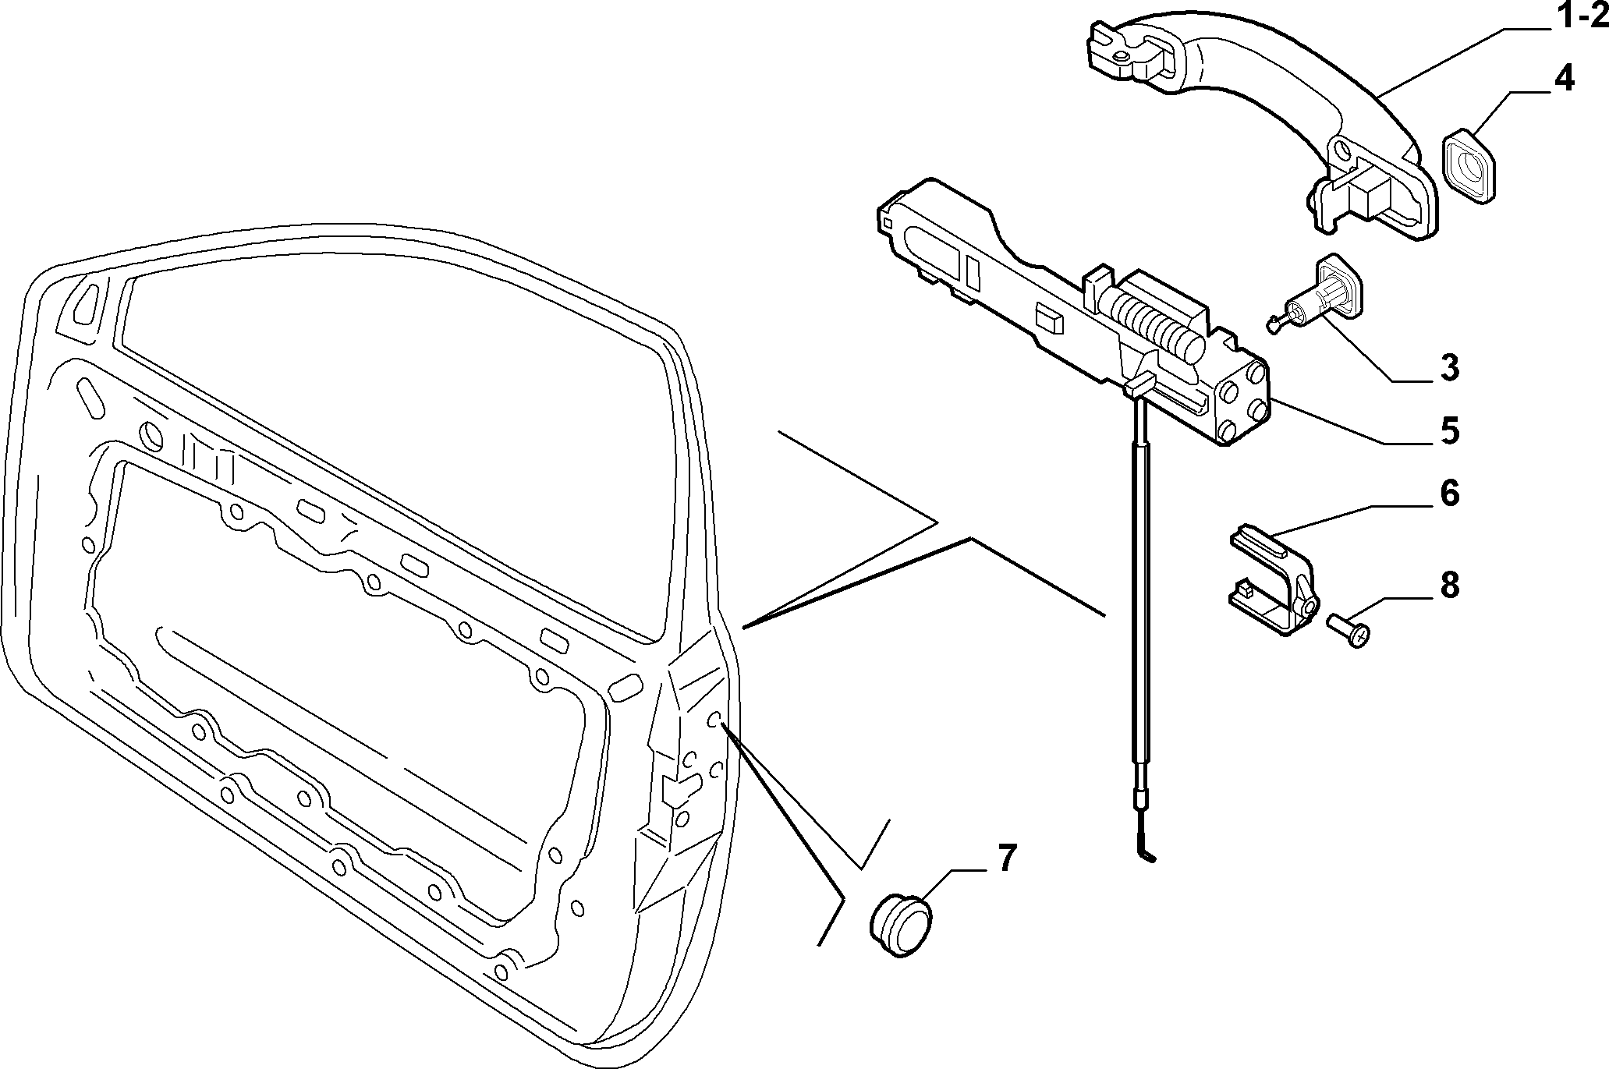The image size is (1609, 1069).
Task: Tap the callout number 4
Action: tap(1542, 80)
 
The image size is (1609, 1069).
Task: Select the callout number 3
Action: tap(1448, 367)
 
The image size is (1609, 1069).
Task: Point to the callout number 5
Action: tap(1448, 430)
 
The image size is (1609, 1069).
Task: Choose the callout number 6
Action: tap(1448, 494)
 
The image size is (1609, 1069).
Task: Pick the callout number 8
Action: tap(1448, 585)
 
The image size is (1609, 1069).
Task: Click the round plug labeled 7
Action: tap(901, 926)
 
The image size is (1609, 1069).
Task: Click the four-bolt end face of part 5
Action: tap(1241, 402)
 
